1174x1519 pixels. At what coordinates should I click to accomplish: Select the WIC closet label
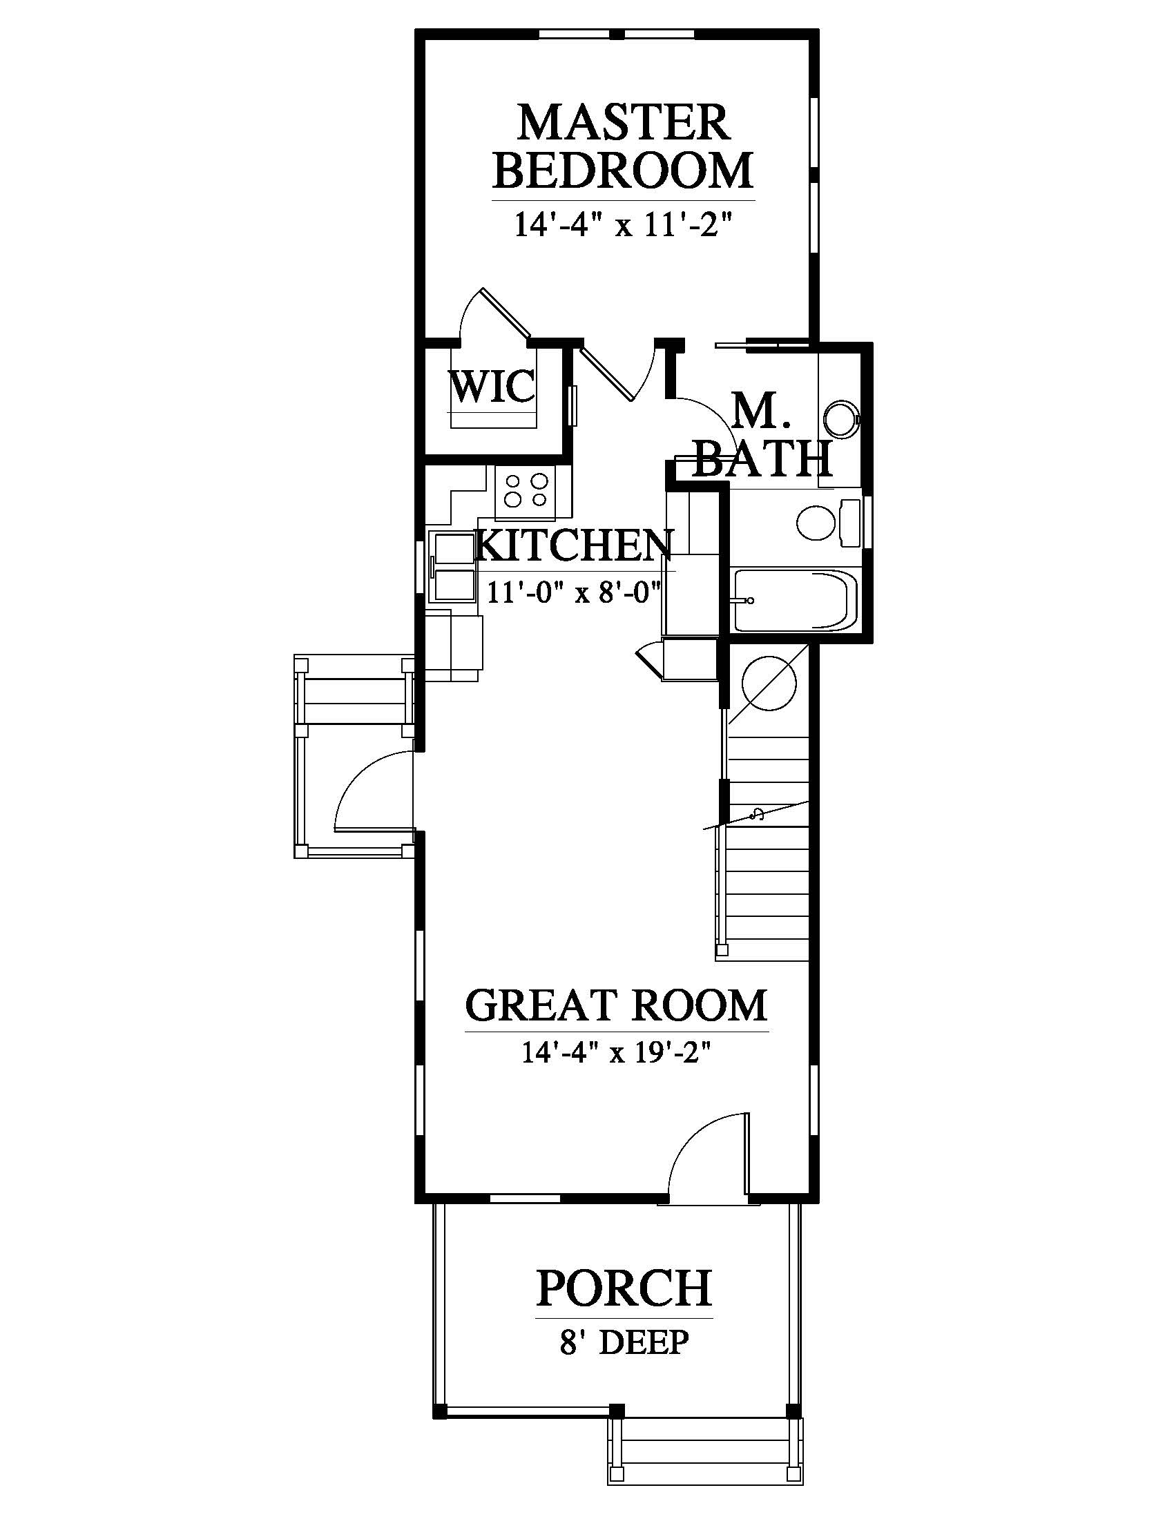coord(493,387)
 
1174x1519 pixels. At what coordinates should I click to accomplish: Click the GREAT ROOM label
coord(616,1005)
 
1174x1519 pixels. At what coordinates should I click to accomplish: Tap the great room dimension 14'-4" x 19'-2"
coord(616,1054)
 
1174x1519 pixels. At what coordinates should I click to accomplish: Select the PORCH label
coord(624,1288)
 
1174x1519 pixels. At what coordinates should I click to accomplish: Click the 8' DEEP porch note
coord(624,1342)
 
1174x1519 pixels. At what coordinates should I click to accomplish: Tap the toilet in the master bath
coord(830,524)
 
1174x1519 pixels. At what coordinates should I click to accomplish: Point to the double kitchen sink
coord(454,566)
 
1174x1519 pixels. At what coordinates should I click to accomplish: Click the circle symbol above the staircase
coord(769,683)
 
